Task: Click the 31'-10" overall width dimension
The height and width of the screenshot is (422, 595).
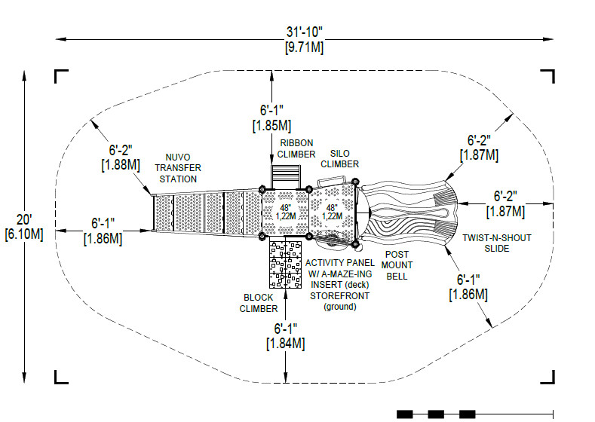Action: tap(304, 32)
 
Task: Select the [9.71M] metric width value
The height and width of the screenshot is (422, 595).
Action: tap(305, 47)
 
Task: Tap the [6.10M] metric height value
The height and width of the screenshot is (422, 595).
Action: tap(24, 234)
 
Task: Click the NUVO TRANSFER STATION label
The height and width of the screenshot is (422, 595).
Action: tap(178, 168)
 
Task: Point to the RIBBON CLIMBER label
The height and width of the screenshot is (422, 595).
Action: tap(296, 148)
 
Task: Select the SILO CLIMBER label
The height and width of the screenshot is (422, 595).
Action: tap(339, 159)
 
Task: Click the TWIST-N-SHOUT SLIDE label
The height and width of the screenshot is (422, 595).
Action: tap(497, 243)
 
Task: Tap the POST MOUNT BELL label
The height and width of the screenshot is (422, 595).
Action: tap(397, 265)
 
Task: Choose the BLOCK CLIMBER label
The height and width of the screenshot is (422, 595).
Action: tap(259, 303)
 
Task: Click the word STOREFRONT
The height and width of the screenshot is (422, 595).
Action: tap(339, 295)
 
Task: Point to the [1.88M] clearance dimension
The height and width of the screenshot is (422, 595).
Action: tap(121, 165)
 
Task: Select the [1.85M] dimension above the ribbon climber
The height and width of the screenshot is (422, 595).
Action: tap(271, 126)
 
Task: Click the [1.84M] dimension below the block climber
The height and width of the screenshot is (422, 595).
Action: tap(286, 344)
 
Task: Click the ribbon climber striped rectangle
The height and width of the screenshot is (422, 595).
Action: tap(285, 176)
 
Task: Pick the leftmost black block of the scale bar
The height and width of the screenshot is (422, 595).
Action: tap(404, 414)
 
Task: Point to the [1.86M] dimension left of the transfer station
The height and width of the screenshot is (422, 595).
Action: tap(103, 239)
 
